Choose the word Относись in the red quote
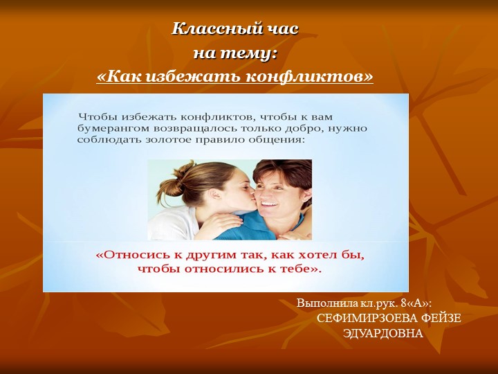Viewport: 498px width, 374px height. pos(130,255)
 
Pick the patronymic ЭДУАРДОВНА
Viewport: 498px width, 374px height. pos(382,332)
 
